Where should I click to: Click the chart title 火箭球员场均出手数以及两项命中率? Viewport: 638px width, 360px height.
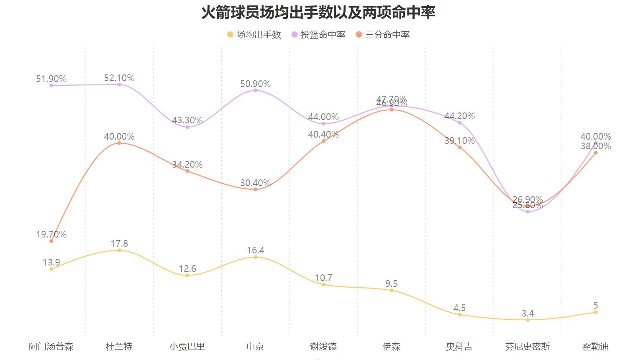pos(318,13)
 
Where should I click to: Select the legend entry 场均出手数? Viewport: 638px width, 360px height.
pos(254,35)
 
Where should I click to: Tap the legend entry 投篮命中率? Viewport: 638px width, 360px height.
pos(318,35)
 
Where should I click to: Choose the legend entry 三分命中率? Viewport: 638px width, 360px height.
pos(383,35)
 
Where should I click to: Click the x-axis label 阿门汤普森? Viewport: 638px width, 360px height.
pos(51,347)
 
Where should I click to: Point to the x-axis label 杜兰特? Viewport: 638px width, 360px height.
pos(119,347)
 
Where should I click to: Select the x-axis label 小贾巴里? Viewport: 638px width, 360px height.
pos(187,347)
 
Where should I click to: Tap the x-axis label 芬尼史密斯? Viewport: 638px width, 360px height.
pos(527,347)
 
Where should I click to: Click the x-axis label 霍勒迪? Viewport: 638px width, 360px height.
pos(595,347)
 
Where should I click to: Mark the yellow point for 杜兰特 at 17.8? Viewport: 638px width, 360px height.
pos(119,250)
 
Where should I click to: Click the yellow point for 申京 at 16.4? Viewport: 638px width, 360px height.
pos(256,257)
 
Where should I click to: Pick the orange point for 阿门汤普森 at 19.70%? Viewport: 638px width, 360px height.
pos(51,241)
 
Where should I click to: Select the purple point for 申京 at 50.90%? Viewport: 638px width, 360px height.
pos(256,90)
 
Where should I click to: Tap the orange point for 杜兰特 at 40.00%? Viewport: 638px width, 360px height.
pos(119,143)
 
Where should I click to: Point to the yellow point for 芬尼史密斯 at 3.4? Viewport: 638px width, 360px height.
pos(528,320)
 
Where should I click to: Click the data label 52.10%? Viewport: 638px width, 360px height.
pos(119,78)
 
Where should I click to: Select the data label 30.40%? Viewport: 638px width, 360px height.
pos(255,183)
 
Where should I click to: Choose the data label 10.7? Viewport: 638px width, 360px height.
pos(323,278)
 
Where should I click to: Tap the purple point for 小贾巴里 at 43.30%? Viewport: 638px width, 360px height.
pos(187,127)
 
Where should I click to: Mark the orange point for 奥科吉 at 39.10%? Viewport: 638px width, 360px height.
pos(459,147)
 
